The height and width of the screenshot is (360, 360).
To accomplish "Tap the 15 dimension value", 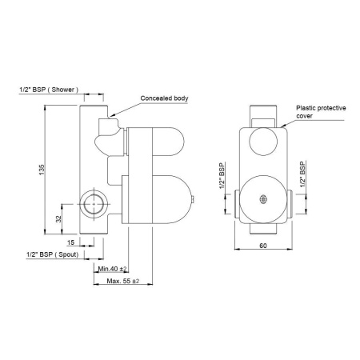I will pos(70,242).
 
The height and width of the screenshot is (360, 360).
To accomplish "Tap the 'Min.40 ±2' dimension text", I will pos(111,269).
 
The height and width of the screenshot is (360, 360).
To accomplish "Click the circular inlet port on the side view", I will pos(93,204).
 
